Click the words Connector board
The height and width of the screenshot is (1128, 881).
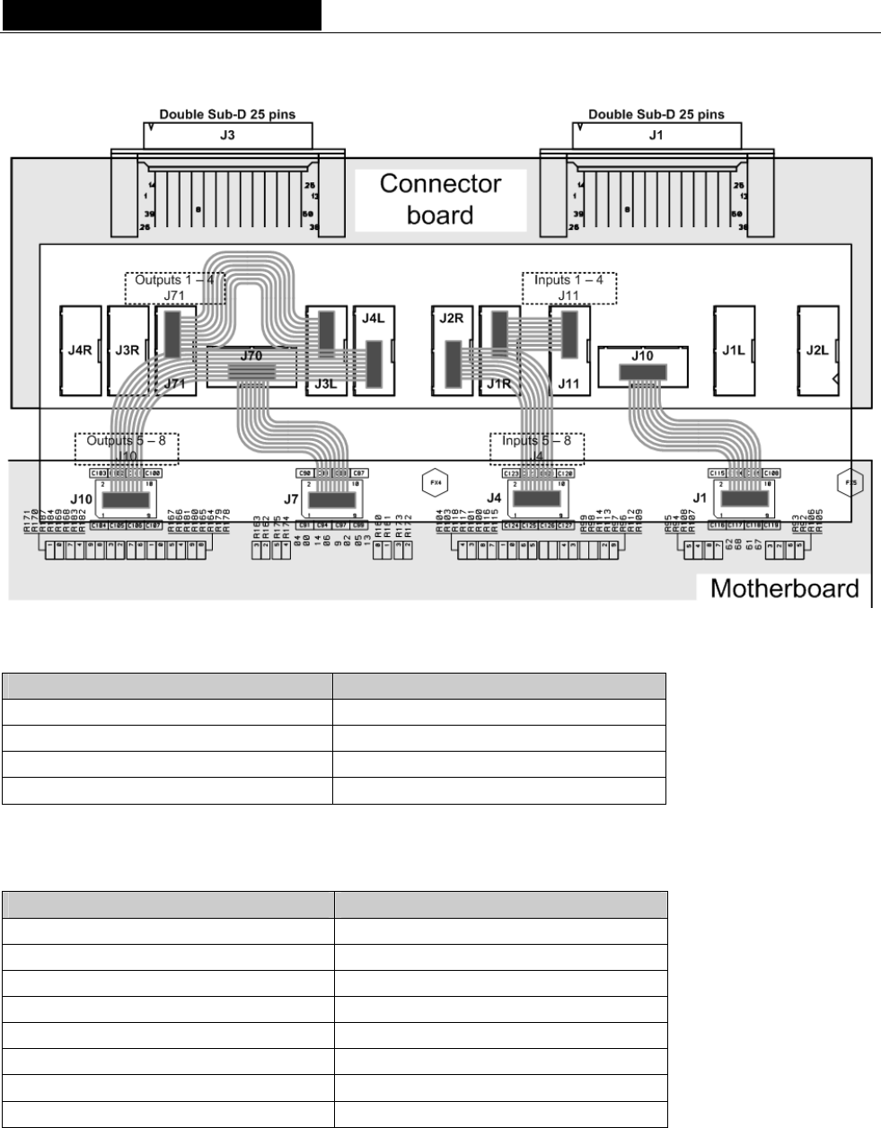pyautogui.click(x=440, y=199)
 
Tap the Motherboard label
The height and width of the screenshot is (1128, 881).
pyautogui.click(x=784, y=589)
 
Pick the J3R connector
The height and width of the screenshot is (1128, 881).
pyautogui.click(x=127, y=350)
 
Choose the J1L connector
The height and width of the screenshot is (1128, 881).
pyautogui.click(x=732, y=350)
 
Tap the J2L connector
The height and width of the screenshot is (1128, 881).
pyautogui.click(x=817, y=350)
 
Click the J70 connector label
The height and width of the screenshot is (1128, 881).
pyautogui.click(x=251, y=356)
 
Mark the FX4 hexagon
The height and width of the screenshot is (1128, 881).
pyautogui.click(x=435, y=481)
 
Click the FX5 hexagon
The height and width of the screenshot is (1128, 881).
pyautogui.click(x=848, y=481)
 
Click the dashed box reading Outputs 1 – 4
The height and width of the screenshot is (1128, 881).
pyautogui.click(x=173, y=286)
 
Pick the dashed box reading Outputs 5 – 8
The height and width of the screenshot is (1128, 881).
pyautogui.click(x=127, y=447)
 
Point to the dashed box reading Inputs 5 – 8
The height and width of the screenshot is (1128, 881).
pyautogui.click(x=536, y=447)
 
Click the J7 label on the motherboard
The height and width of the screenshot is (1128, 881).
pyautogui.click(x=291, y=497)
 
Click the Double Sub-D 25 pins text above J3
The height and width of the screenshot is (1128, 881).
pyautogui.click(x=227, y=114)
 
